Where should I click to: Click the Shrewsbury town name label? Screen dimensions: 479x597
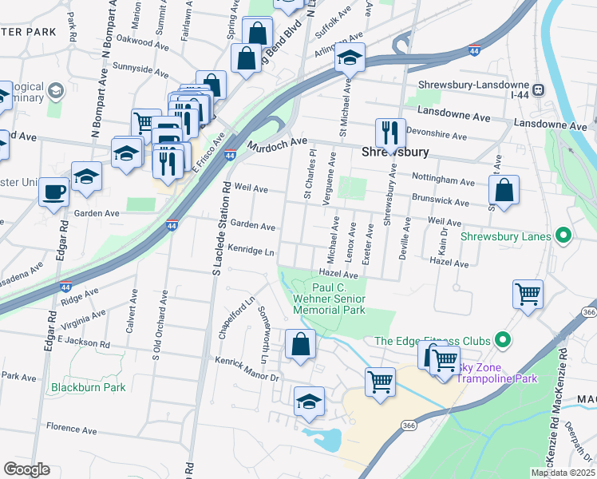click(x=395, y=152)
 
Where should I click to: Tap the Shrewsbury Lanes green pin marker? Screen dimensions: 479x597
click(x=564, y=236)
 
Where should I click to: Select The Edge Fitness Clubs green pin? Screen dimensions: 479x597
click(x=503, y=340)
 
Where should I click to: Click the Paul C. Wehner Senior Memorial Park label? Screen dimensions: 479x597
click(x=338, y=298)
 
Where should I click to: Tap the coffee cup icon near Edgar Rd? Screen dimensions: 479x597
click(x=54, y=192)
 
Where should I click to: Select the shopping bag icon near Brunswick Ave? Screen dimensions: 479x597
click(x=504, y=191)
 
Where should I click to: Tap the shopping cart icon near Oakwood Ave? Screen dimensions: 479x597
click(x=145, y=122)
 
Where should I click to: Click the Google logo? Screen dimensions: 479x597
click(x=26, y=469)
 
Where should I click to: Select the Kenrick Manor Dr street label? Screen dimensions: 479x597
click(x=247, y=369)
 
